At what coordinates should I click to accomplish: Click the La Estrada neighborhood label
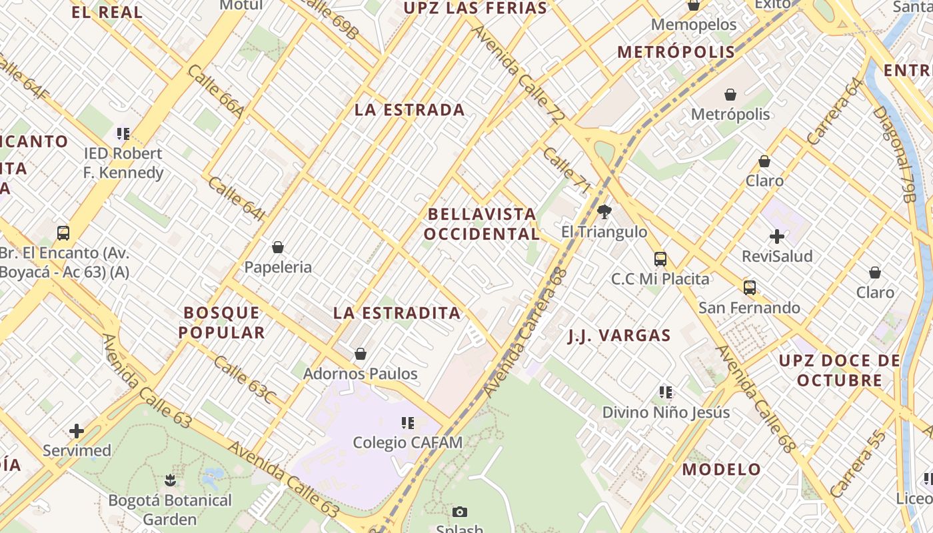click(409, 110)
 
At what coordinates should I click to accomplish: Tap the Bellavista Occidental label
click(482, 224)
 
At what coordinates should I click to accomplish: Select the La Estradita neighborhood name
click(397, 312)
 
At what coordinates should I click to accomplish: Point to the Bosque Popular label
click(223, 322)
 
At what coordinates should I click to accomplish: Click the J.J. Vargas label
click(619, 335)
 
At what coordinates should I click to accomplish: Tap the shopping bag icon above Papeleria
click(278, 248)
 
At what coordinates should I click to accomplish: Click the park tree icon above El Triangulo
click(604, 213)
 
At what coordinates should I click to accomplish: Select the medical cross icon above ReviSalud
click(777, 237)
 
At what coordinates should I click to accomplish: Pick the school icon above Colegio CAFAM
click(408, 422)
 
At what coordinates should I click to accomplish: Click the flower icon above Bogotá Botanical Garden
click(170, 480)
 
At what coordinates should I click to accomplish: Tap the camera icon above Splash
click(459, 512)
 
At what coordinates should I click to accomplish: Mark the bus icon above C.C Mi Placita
click(660, 259)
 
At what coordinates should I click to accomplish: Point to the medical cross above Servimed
click(77, 431)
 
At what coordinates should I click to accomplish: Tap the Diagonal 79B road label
click(898, 153)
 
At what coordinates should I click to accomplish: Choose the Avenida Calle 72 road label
click(517, 74)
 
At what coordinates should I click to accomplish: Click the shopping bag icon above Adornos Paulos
click(361, 354)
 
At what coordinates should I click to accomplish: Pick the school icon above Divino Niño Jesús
click(666, 392)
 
